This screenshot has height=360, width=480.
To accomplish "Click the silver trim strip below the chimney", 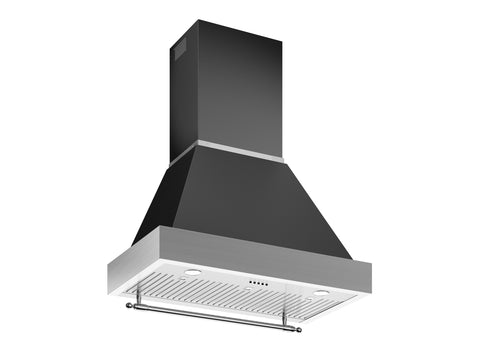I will (x=240, y=150).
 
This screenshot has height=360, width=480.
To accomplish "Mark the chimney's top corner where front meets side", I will (x=197, y=23).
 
